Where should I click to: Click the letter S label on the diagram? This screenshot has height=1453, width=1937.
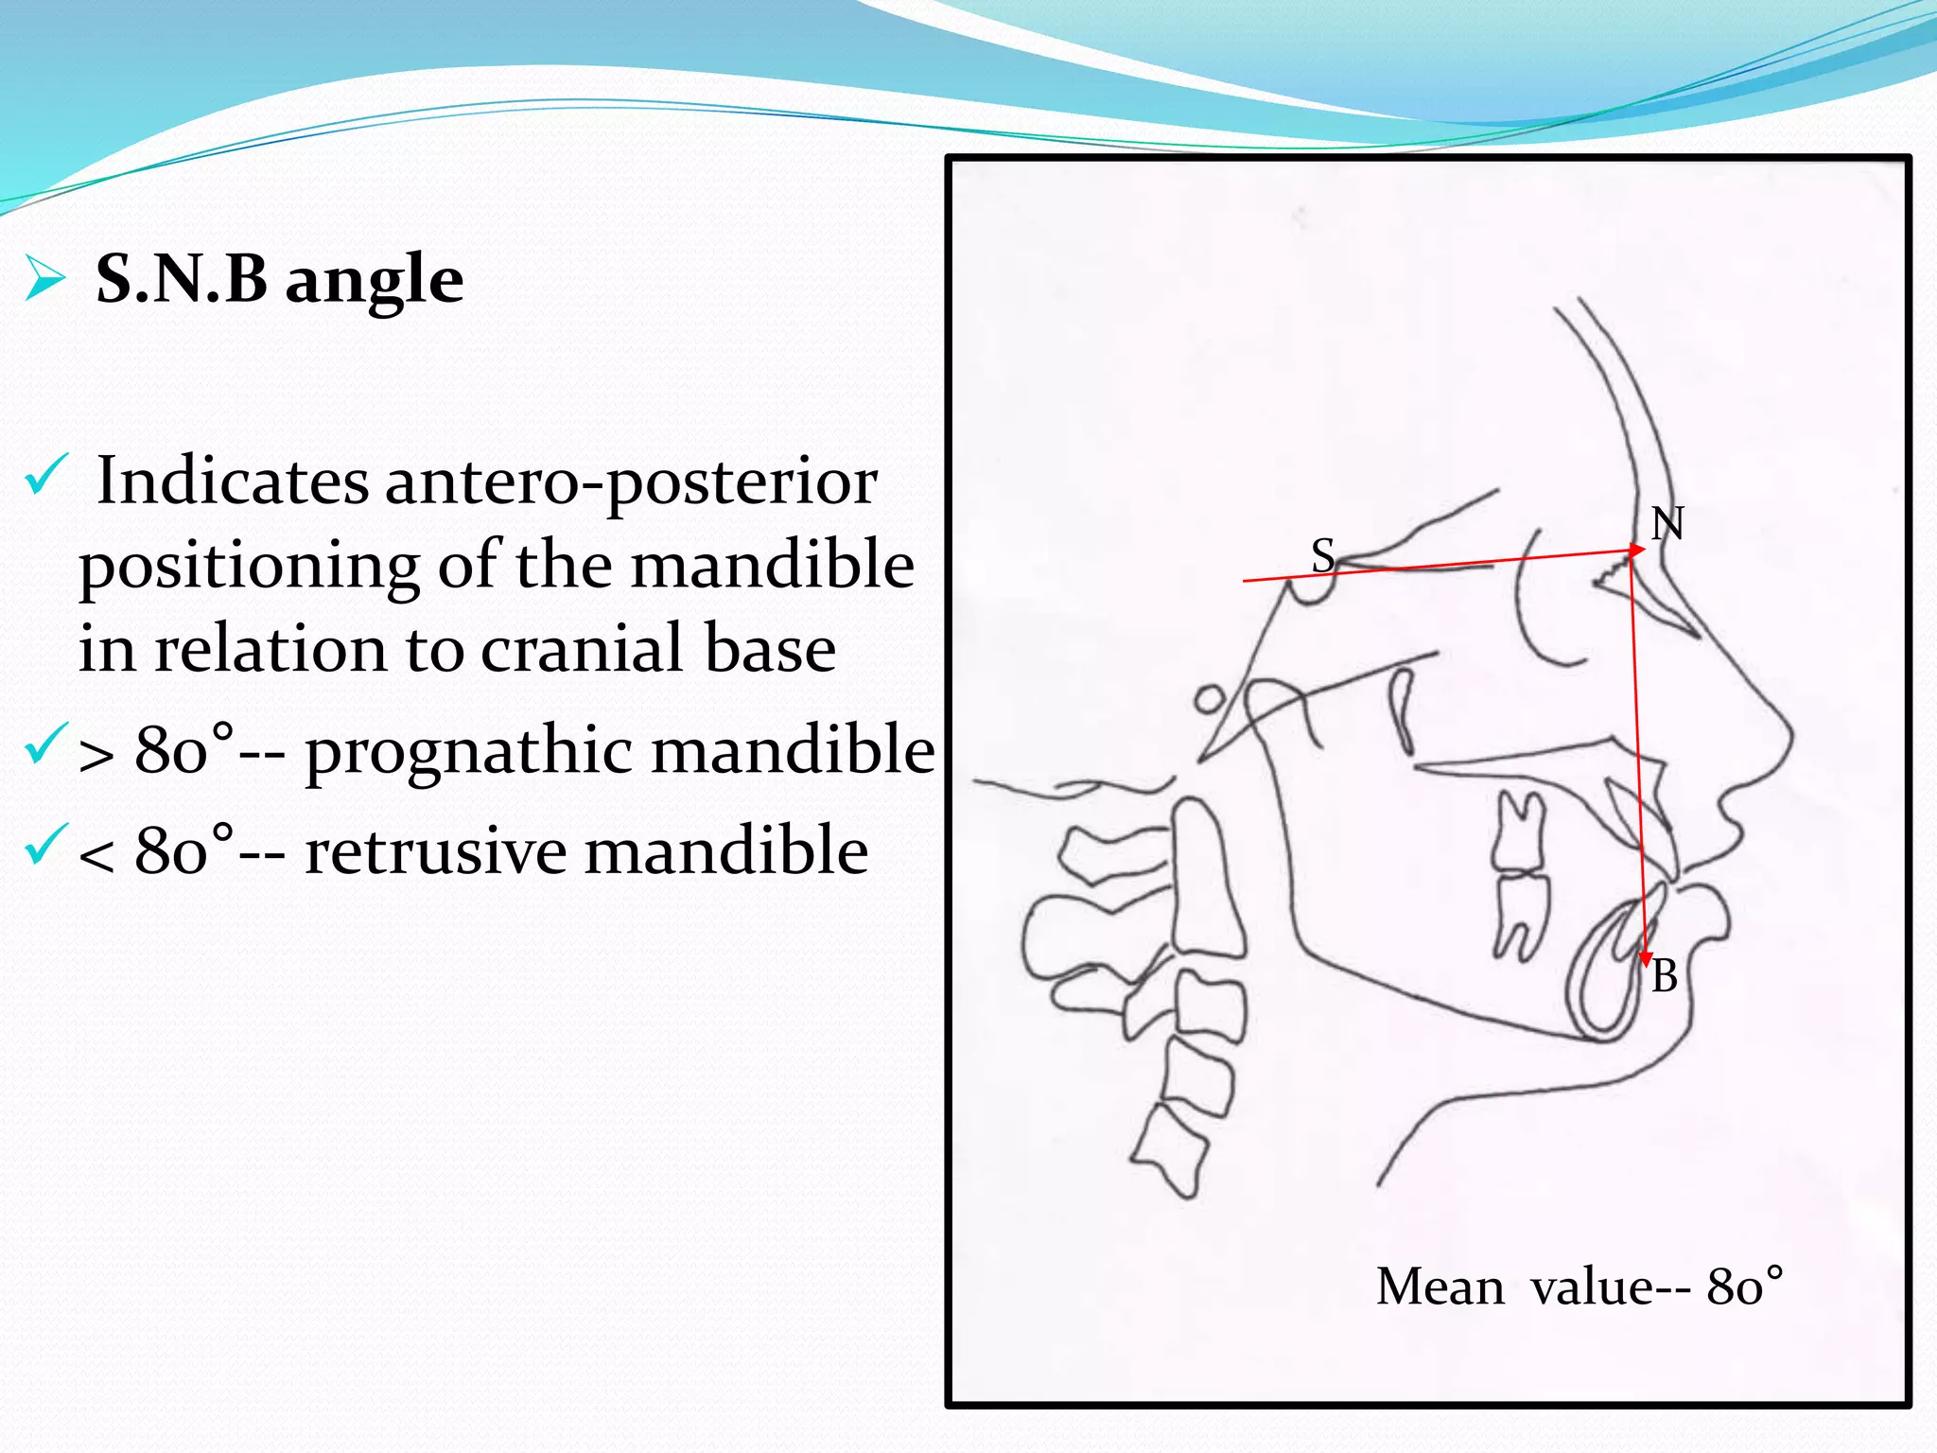click(x=1322, y=555)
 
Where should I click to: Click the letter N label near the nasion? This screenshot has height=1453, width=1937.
click(x=1667, y=523)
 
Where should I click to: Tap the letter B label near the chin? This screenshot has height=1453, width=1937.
click(x=1665, y=976)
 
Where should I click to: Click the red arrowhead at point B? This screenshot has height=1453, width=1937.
click(x=1646, y=959)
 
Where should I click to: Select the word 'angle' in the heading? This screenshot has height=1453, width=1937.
click(x=375, y=281)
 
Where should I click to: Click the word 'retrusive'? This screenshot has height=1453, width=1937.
click(x=434, y=850)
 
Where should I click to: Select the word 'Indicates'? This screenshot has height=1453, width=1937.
click(x=233, y=481)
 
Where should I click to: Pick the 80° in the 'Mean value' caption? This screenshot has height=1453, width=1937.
click(x=1744, y=1287)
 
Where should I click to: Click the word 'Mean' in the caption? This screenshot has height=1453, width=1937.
click(x=1440, y=1287)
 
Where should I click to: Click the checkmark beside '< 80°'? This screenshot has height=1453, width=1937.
click(x=45, y=844)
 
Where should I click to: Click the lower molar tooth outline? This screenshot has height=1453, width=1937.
click(x=1520, y=913)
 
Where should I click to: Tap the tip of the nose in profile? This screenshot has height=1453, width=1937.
click(x=1790, y=738)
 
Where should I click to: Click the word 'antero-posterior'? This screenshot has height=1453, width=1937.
click(x=631, y=481)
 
